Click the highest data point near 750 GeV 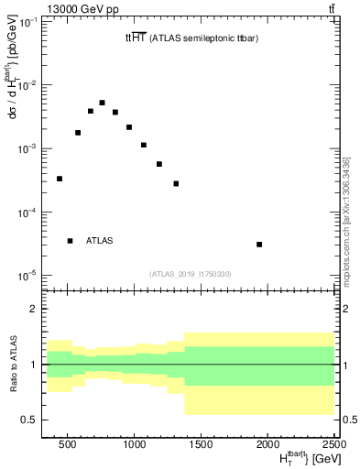pyautogui.click(x=103, y=103)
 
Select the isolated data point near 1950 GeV pyautogui.click(x=260, y=245)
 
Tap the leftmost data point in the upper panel pyautogui.click(x=60, y=179)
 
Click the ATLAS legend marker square pyautogui.click(x=71, y=241)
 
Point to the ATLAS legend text pyautogui.click(x=100, y=241)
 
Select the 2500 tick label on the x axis pyautogui.click(x=333, y=442)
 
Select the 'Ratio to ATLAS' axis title pyautogui.click(x=12, y=364)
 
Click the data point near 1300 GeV pyautogui.click(x=176, y=183)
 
